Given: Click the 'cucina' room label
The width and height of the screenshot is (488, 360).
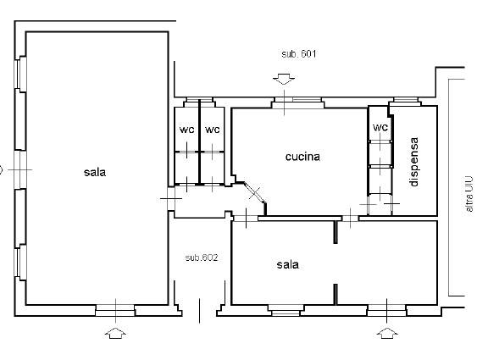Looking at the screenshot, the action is coord(302,157).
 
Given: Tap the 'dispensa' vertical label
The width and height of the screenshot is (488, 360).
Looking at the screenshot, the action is coord(414,162).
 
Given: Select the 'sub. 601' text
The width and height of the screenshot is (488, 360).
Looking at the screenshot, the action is coord(299,54).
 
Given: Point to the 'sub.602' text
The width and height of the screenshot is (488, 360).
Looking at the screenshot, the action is coord(202,258).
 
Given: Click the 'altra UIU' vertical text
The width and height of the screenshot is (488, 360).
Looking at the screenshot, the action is coord(469,194).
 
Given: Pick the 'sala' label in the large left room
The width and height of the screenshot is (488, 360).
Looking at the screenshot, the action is coord(95,172).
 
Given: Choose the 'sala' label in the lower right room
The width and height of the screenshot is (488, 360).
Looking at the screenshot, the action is coord(287,265).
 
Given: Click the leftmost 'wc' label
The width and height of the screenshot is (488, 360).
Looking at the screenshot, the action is coord(186,129).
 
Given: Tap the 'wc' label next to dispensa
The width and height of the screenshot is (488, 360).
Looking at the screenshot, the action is coord(380,127).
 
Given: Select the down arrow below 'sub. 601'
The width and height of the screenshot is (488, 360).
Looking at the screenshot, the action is coord(284,79).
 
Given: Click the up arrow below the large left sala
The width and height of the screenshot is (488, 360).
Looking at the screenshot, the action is coord(115,333).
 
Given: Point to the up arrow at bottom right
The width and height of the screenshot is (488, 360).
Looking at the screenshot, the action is coord(387,333).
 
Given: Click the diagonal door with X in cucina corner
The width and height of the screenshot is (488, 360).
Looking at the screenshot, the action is coord(254,193).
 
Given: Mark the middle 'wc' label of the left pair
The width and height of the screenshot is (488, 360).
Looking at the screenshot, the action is coord(213,129).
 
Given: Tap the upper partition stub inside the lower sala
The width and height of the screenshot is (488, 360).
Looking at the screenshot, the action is coord(335,232).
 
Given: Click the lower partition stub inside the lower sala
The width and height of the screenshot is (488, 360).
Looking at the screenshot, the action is coord(335,294).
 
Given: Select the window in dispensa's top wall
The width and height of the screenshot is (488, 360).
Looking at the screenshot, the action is coord(405,101).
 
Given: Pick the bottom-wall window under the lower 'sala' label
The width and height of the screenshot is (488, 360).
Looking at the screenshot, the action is coord(286,310).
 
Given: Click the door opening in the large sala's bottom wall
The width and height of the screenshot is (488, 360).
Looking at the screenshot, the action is coord(115,310).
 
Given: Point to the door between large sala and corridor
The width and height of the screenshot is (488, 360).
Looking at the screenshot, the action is coord(171,198).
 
